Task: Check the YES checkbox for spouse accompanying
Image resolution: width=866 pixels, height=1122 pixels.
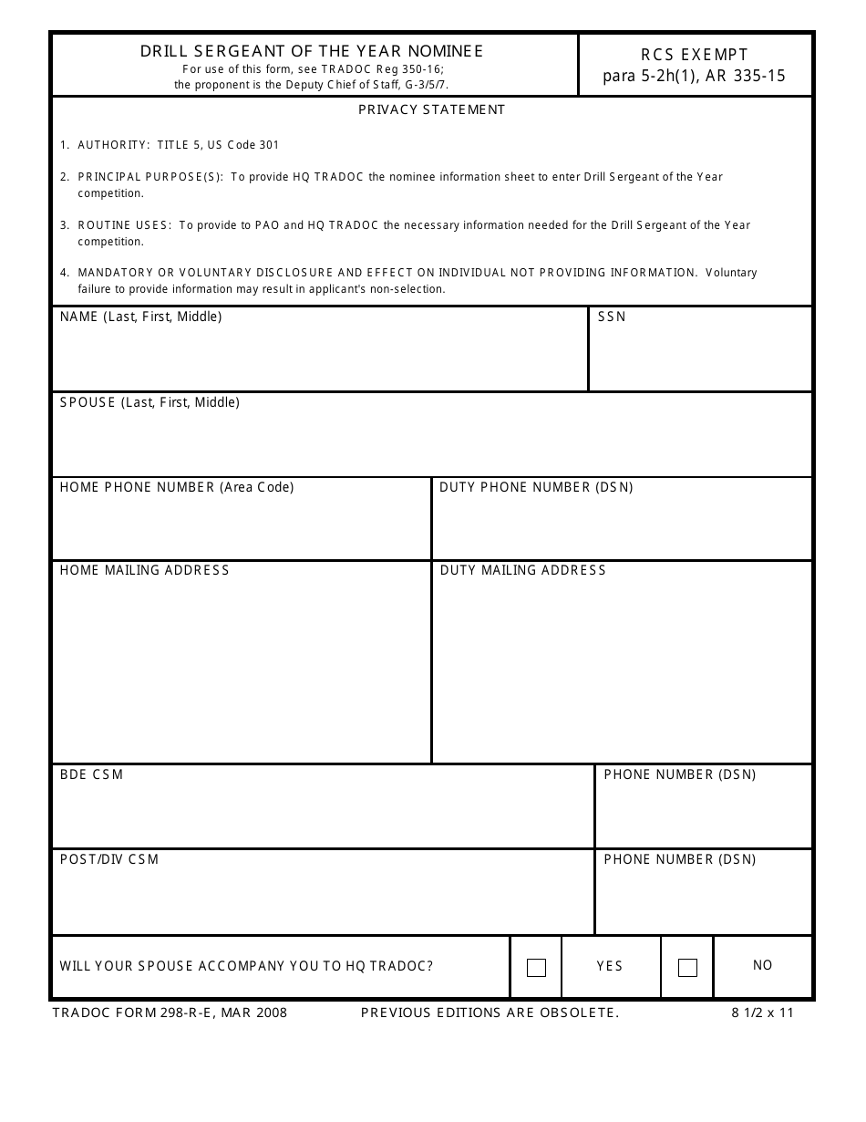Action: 537,968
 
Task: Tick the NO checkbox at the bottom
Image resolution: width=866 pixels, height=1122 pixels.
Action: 688,968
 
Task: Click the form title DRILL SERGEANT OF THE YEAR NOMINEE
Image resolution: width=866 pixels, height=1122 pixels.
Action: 312,52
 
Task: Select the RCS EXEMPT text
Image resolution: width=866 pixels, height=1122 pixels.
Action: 694,55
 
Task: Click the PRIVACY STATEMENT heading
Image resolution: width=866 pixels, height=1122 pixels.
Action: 431,109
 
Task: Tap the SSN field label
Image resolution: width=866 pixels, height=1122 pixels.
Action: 612,317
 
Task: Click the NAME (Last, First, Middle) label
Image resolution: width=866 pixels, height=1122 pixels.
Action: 140,317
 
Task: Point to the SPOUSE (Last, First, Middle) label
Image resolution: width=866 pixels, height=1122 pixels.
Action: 149,402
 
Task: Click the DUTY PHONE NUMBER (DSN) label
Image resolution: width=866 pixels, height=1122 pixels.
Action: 536,487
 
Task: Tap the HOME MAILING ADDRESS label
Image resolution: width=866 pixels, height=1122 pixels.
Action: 144,570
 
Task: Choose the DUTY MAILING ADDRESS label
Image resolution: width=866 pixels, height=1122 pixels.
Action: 522,570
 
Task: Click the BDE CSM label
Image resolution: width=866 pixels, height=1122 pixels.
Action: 91,774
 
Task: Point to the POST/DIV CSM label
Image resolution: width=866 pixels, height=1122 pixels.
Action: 109,859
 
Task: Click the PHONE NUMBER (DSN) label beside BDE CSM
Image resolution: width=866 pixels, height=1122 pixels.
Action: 679,774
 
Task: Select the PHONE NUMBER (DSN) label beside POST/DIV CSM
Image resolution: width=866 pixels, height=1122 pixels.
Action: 679,859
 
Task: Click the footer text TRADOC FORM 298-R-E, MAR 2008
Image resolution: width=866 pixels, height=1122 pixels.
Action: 170,1013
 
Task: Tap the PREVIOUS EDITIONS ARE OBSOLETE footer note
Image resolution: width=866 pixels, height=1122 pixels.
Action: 490,1013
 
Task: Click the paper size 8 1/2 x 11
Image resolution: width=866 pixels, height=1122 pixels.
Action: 762,1013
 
